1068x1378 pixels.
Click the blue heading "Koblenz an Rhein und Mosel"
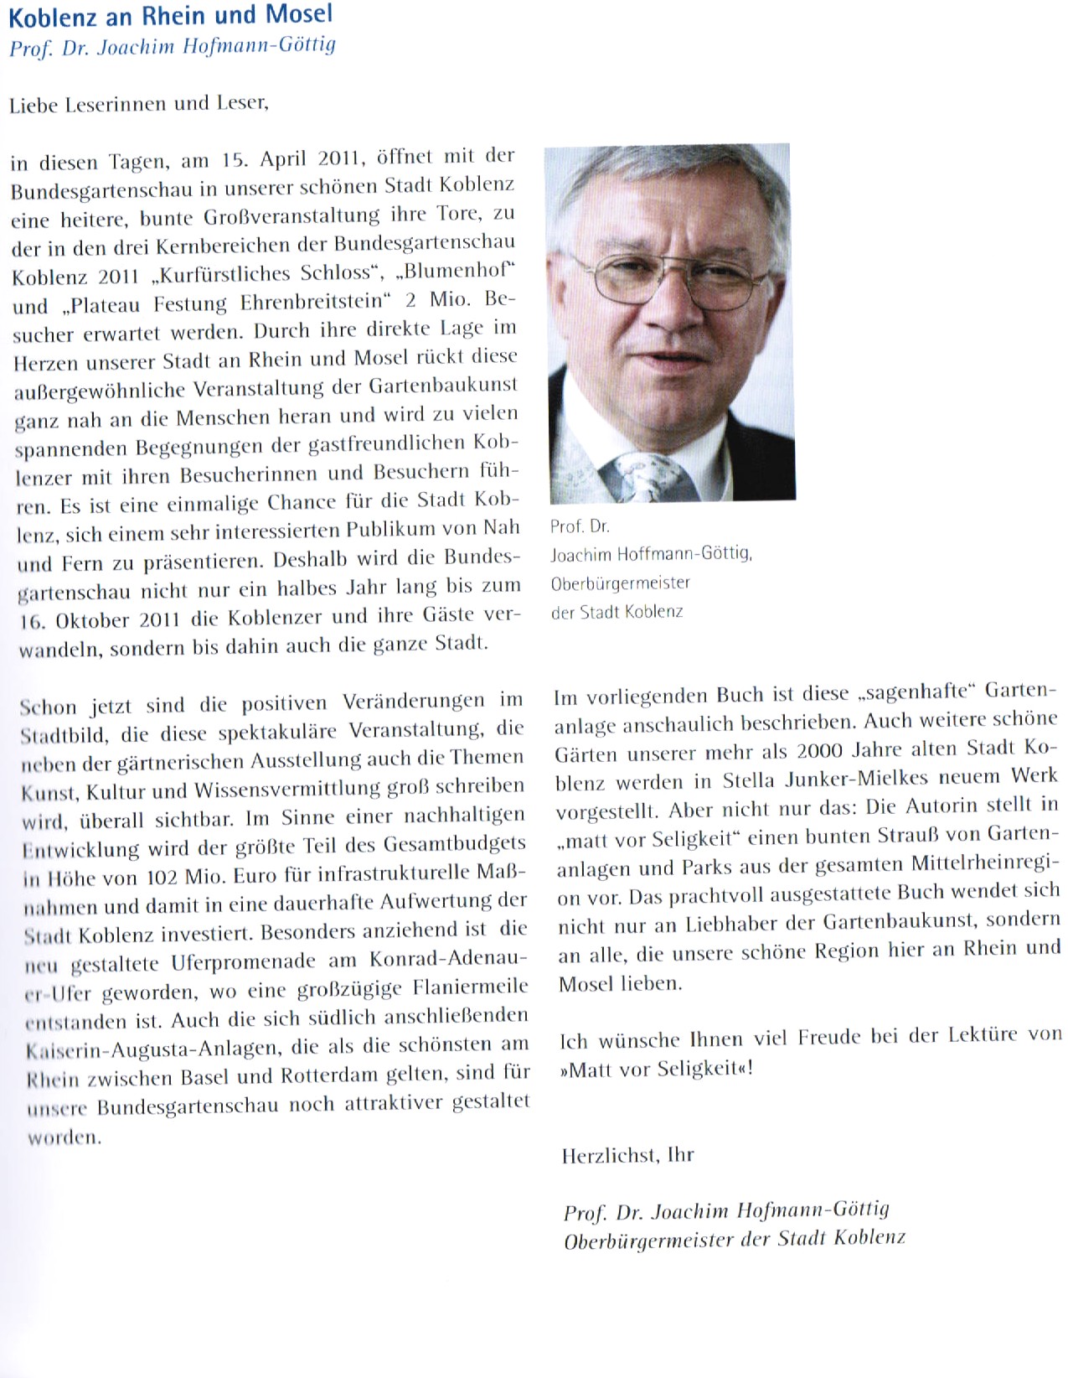[x=171, y=14]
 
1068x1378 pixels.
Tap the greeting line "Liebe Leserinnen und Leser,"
[x=139, y=105]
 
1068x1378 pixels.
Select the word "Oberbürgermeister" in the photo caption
[x=621, y=583]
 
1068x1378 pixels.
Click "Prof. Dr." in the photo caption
[x=580, y=526]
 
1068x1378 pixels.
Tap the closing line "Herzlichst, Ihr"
[x=627, y=1156]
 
